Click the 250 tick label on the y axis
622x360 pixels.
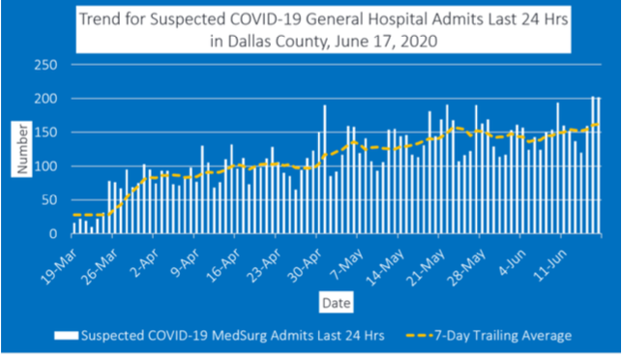(46, 65)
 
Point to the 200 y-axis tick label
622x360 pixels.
(46, 99)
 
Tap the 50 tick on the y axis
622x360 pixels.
(49, 200)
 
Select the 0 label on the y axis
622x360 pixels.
(53, 234)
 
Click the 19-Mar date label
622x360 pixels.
(59, 267)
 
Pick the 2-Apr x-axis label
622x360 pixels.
(145, 263)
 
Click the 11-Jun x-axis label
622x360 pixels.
(550, 265)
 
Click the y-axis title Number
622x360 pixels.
(22, 149)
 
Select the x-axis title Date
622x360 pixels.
(336, 303)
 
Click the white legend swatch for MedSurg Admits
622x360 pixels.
(66, 336)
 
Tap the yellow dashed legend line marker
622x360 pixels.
(419, 336)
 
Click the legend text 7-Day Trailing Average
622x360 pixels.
(503, 336)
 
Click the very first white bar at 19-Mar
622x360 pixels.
(74, 228)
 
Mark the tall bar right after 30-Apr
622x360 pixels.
(325, 169)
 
